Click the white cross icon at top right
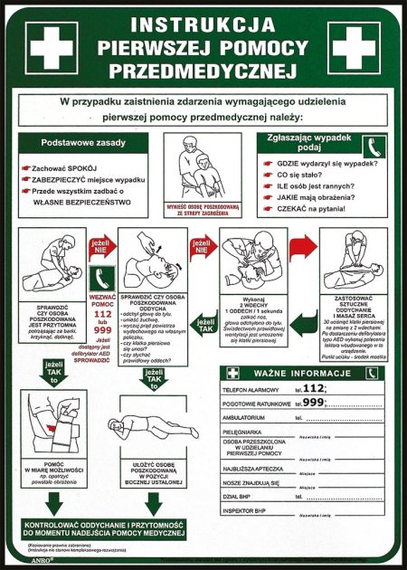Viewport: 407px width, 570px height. (355, 46)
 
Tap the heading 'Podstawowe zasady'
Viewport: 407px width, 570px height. (83, 142)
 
